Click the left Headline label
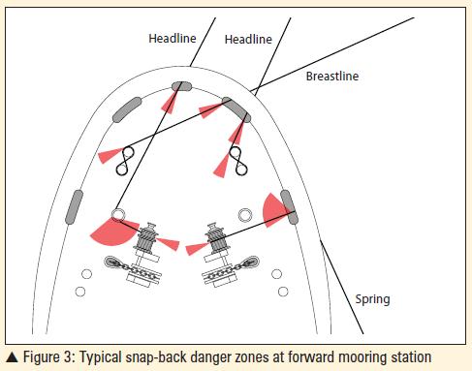coord(173,39)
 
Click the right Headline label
coord(249,39)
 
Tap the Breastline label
coord(331,76)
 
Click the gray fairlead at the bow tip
coord(180,86)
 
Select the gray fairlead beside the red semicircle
coord(287,201)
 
